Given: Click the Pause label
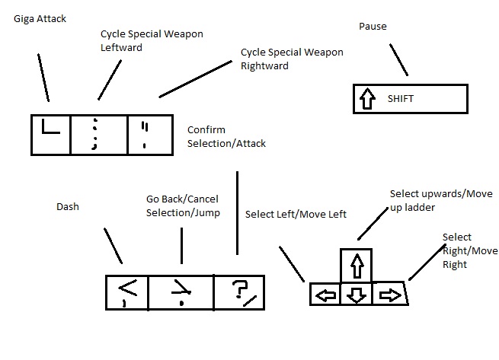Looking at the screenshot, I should (x=373, y=27).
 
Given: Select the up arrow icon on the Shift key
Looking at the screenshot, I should (x=369, y=99).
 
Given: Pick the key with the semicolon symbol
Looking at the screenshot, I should (x=98, y=135).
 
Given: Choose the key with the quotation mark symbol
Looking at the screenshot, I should (x=146, y=135).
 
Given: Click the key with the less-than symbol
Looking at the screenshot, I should (x=126, y=292).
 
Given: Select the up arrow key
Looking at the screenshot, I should (x=356, y=266).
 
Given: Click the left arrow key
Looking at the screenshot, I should (x=325, y=295).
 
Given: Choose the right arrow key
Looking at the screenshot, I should (x=389, y=295).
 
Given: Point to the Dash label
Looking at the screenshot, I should (x=68, y=206).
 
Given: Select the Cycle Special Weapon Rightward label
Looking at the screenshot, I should (x=292, y=59).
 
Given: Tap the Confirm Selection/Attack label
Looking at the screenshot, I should (x=226, y=136).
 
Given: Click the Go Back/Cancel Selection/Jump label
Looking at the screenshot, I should (x=183, y=205).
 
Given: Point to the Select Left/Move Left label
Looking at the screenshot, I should (x=296, y=214).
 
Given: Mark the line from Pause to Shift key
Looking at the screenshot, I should (x=398, y=59).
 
